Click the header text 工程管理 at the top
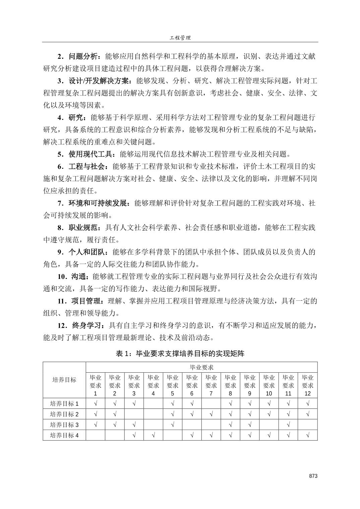pos(180,38)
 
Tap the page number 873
pos(313,476)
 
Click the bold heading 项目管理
pos(85,301)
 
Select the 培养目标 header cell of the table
pos(64,380)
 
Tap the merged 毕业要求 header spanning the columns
pos(202,367)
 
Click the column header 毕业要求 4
pos(153,385)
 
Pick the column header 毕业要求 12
pos(307,385)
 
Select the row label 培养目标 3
pos(64,425)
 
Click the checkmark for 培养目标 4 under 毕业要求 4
pos(153,435)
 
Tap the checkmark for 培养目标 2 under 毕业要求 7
pos(211,414)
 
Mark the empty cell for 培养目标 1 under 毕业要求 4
pos(153,404)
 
